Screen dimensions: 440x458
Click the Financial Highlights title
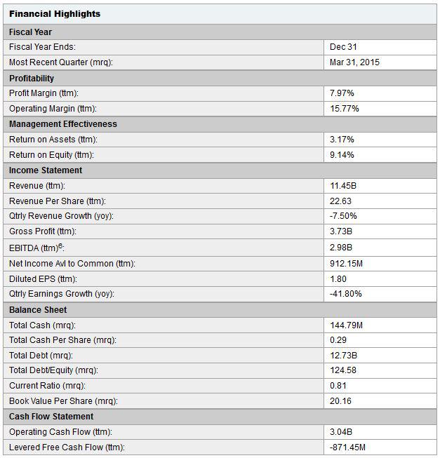point(55,14)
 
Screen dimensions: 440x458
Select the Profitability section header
point(32,79)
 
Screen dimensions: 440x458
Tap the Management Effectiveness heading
point(63,124)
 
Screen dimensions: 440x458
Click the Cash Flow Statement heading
point(51,416)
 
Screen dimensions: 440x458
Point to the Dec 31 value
point(343,47)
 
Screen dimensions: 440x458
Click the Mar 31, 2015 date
point(354,62)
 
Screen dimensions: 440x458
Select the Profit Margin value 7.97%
point(342,93)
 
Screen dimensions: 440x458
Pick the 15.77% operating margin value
point(344,109)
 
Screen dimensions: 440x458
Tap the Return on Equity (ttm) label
point(51,155)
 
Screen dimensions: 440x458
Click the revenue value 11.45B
point(343,186)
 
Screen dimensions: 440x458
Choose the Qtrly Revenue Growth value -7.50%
point(343,216)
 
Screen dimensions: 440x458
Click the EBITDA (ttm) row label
point(36,248)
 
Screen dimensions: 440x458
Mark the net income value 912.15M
point(346,264)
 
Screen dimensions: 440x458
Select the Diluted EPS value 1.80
point(338,279)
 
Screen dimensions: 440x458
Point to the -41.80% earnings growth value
point(346,294)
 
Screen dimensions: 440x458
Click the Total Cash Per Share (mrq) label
point(62,340)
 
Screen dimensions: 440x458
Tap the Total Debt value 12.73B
point(343,356)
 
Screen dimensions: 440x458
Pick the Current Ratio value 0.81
point(338,386)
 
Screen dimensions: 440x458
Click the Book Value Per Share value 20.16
point(340,400)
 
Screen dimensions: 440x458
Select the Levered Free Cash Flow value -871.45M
point(347,447)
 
